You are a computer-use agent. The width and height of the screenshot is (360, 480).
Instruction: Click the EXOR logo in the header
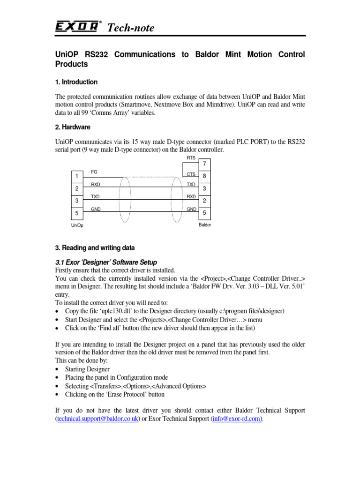click(x=77, y=27)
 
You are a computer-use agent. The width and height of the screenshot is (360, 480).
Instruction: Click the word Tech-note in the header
click(x=131, y=28)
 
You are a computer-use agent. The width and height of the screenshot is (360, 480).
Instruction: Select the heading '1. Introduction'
click(x=76, y=82)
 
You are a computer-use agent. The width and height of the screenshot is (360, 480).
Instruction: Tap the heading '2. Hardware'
click(x=73, y=127)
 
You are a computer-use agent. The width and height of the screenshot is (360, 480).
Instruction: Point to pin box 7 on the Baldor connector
click(x=205, y=165)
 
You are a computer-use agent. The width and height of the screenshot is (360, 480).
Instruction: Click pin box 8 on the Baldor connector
click(x=205, y=176)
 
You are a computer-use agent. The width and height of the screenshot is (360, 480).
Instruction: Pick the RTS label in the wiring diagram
click(x=191, y=158)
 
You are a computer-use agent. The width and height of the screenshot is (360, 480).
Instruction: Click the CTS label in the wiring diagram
click(x=191, y=174)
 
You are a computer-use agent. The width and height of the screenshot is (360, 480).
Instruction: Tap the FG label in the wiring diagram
click(x=94, y=172)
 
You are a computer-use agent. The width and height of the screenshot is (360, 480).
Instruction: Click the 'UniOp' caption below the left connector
click(x=77, y=226)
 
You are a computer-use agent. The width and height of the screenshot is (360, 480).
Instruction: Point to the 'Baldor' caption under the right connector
click(x=205, y=225)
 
